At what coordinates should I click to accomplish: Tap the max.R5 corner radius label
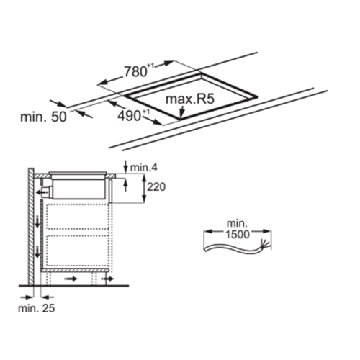coord(190,99)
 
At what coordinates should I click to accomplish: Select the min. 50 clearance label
coord(43,117)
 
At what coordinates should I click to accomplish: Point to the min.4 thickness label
coord(144,168)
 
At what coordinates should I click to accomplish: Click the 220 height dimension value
coord(156,186)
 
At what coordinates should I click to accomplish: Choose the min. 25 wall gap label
coord(37,308)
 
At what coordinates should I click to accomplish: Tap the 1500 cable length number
coord(238,234)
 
